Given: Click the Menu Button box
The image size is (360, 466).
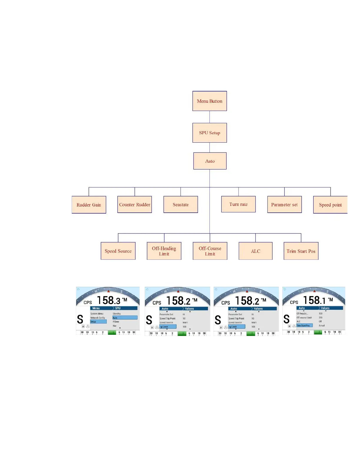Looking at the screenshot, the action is click(x=209, y=101).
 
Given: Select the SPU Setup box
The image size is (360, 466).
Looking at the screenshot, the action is click(x=209, y=133).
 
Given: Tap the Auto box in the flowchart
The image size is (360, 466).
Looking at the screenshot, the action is click(x=210, y=161).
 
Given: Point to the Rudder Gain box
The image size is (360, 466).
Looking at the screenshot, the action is click(x=89, y=205).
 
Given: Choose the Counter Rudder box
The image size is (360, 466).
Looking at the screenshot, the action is click(x=134, y=204).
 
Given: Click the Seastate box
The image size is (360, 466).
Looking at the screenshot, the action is click(x=181, y=204).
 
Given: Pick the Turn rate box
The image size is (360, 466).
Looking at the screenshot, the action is click(x=238, y=204).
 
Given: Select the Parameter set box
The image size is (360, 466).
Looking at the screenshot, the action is click(x=284, y=204).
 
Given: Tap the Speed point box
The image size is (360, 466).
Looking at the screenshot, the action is click(x=330, y=205).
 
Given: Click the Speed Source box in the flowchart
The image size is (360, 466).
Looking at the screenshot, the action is click(x=118, y=251).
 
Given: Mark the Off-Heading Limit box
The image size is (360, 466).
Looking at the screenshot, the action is click(x=164, y=251).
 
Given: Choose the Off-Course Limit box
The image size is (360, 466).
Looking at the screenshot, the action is click(x=210, y=251).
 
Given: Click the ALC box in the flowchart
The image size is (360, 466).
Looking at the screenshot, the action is click(x=255, y=251).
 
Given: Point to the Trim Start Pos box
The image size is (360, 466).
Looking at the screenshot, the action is click(x=301, y=251).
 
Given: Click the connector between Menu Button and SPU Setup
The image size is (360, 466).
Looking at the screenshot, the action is click(x=209, y=117).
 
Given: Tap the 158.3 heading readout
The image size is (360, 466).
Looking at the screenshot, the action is click(x=109, y=300).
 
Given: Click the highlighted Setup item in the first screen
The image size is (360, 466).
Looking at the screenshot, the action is click(x=98, y=322).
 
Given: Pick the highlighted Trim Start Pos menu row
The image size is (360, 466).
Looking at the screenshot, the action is click(x=304, y=325).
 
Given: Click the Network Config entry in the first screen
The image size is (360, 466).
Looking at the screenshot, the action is click(x=98, y=318).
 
